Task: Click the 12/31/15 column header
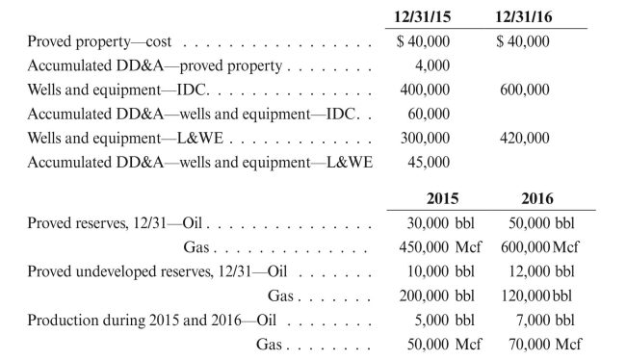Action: (x=425, y=17)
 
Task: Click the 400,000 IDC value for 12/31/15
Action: (x=425, y=90)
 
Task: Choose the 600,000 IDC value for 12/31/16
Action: (x=525, y=90)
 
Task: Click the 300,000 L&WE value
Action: (x=425, y=139)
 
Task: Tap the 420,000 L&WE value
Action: (x=525, y=139)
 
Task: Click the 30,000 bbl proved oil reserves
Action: (x=442, y=222)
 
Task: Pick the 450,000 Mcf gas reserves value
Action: (x=442, y=247)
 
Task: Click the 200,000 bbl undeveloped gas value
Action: (x=442, y=296)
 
